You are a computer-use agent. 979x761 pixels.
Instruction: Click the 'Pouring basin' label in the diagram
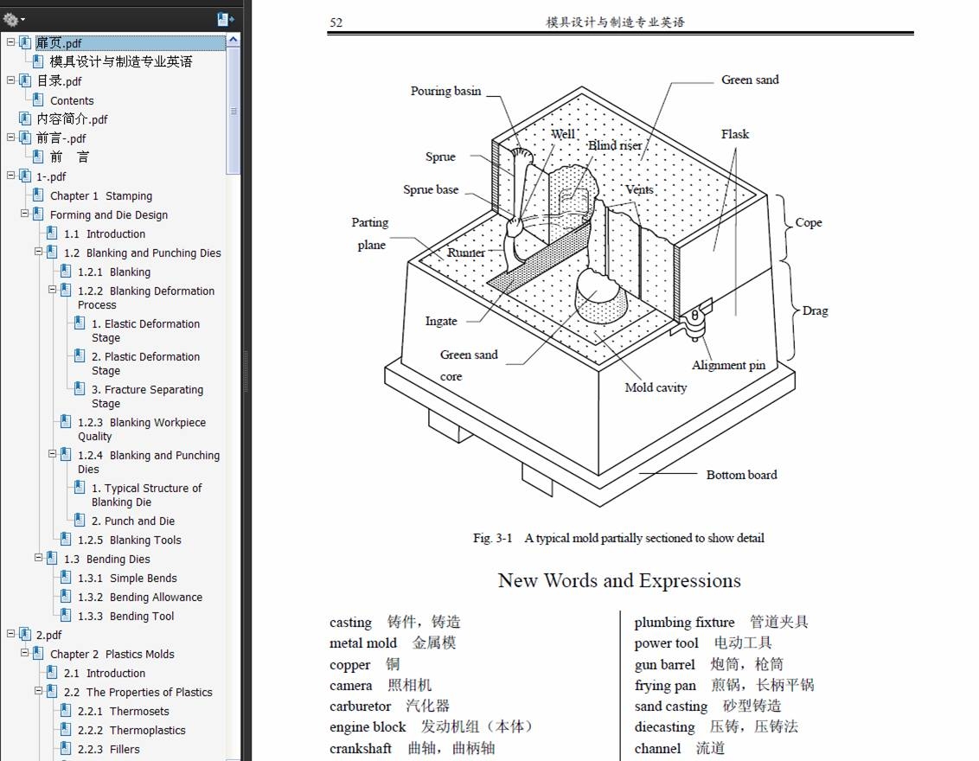[445, 91]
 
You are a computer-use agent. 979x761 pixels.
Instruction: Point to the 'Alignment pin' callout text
[728, 365]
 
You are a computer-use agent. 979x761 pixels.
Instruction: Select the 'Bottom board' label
[741, 475]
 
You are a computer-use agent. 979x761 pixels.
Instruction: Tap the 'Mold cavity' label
[656, 387]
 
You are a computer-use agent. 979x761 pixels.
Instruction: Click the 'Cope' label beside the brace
[809, 222]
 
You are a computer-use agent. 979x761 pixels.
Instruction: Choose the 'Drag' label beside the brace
[815, 310]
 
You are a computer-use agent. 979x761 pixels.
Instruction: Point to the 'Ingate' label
[441, 321]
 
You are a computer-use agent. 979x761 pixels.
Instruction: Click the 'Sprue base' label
[431, 190]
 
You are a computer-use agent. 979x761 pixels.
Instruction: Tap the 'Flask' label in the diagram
[735, 134]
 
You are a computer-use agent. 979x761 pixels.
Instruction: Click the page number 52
[336, 22]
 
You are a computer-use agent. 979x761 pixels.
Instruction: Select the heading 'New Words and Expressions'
[619, 580]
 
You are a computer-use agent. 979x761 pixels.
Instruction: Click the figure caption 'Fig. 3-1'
[493, 538]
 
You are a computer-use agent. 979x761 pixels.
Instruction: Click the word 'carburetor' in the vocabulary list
[361, 707]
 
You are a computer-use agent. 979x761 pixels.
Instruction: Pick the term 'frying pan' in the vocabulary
[665, 686]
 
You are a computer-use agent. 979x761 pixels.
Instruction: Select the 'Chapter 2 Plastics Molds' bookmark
[112, 655]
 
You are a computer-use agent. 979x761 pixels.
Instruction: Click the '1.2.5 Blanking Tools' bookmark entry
[129, 540]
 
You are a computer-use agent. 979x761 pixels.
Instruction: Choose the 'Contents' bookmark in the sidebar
[72, 100]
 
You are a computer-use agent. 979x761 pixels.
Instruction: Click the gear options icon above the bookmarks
[12, 19]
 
